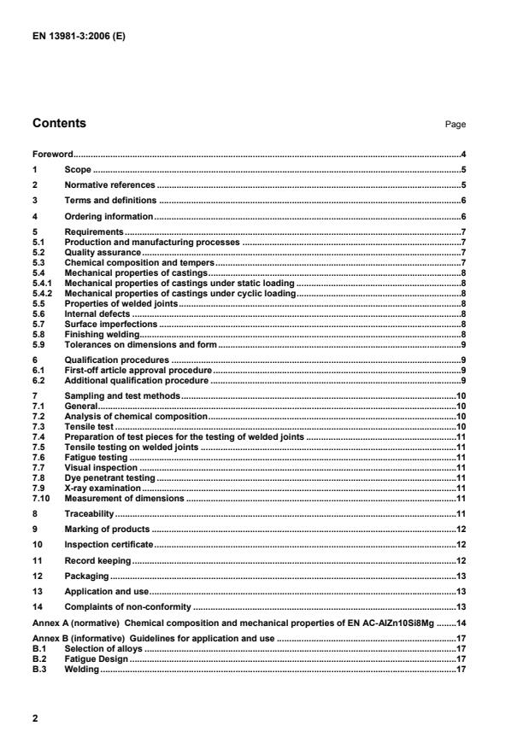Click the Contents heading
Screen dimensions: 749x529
(59, 123)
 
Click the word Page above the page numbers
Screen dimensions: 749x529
(455, 125)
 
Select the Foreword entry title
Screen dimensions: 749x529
(52, 155)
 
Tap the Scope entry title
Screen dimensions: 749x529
(78, 170)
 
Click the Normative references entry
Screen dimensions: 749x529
(109, 184)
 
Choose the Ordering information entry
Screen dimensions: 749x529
(109, 216)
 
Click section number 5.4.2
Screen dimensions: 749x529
(43, 293)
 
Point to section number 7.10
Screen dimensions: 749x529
(41, 498)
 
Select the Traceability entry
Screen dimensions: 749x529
(89, 514)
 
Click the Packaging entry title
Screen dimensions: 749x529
(87, 576)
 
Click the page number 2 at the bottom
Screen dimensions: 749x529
(35, 719)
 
